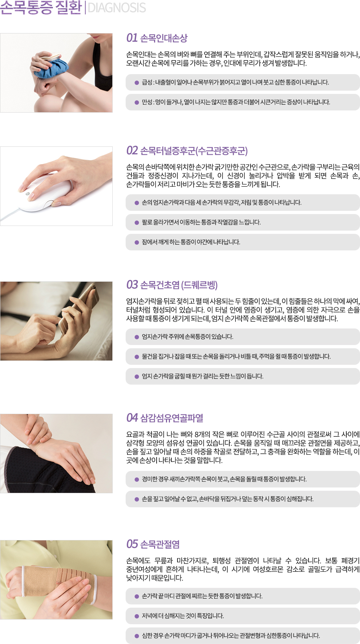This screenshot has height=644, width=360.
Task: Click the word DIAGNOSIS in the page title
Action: [117, 8]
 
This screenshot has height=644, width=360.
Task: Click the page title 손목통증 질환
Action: [41, 8]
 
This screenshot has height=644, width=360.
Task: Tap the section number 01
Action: [132, 38]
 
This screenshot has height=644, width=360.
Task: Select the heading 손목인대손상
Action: [164, 38]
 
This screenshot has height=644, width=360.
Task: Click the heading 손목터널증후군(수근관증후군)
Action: [194, 151]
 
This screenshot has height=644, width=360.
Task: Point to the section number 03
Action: [132, 285]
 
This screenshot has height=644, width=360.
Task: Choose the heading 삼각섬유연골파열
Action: [172, 418]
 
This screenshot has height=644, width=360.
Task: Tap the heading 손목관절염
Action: [160, 544]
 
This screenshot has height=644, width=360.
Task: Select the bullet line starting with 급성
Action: [235, 82]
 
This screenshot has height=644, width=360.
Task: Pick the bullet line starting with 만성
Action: [236, 102]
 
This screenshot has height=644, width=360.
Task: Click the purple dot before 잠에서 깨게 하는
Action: [137, 242]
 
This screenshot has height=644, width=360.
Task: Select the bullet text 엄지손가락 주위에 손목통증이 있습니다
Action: [188, 337]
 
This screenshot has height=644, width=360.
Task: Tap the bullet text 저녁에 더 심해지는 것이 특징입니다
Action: [183, 616]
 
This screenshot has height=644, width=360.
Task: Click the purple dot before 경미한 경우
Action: [137, 480]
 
